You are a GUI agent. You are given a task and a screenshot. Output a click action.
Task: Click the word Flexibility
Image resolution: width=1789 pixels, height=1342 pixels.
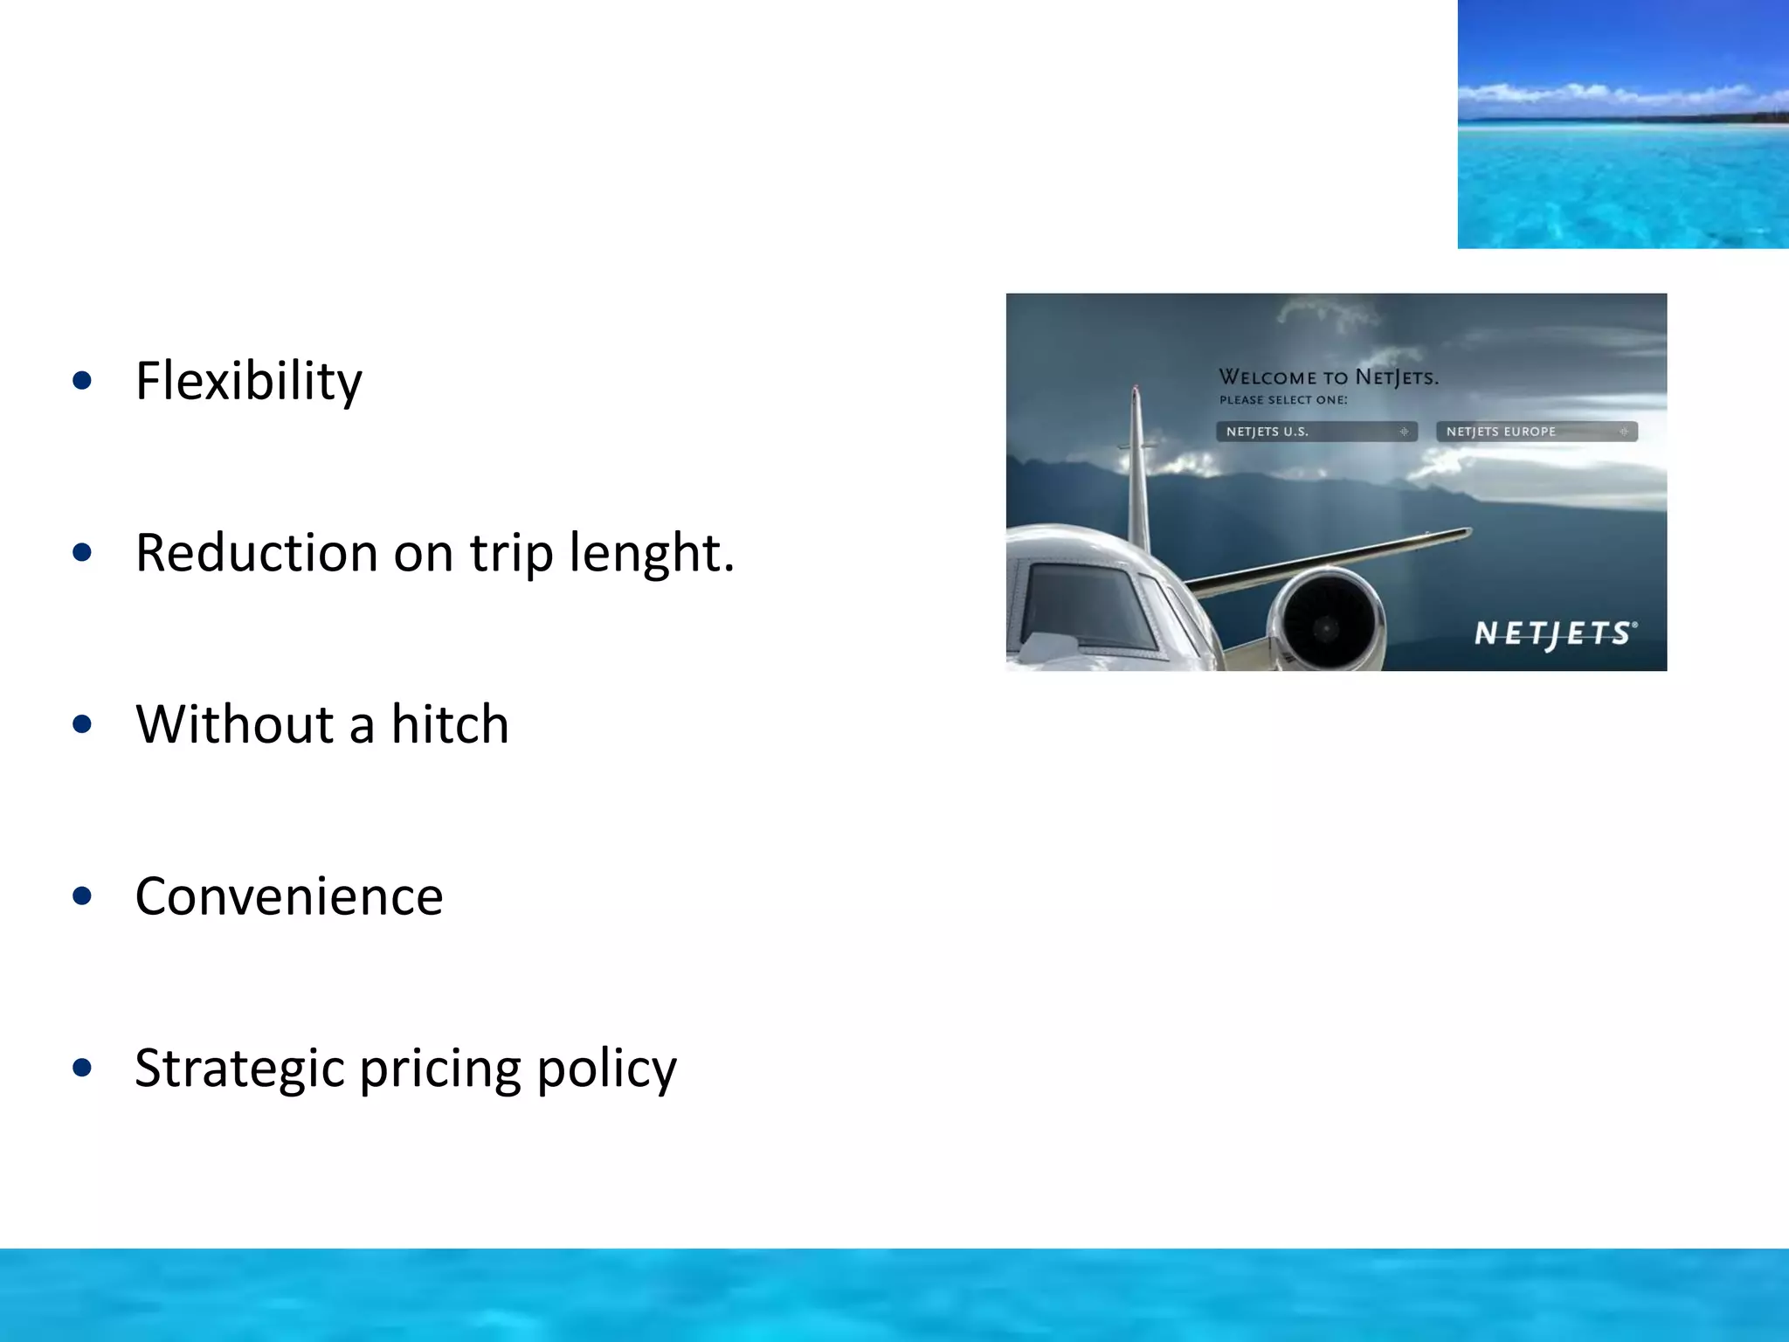pyautogui.click(x=248, y=382)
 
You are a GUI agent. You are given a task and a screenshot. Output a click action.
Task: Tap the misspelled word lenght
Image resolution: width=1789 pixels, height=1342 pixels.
pyautogui.click(x=652, y=553)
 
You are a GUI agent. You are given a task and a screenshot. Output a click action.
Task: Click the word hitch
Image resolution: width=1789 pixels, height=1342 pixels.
pyautogui.click(x=449, y=724)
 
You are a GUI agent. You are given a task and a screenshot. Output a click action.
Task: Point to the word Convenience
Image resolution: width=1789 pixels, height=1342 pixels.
pyautogui.click(x=289, y=896)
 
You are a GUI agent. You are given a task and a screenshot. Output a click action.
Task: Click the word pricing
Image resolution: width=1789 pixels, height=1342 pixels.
pyautogui.click(x=440, y=1069)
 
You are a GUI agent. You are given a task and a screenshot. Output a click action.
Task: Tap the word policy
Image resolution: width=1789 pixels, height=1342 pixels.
pyautogui.click(x=606, y=1069)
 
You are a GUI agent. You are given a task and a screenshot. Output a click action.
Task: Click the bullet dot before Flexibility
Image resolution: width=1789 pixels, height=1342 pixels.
pyautogui.click(x=83, y=380)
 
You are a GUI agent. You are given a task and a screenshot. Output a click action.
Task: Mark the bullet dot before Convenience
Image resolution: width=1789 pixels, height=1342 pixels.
pyautogui.click(x=83, y=896)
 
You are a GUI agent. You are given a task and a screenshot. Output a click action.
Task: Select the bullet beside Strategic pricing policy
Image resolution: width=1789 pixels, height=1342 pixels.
pyautogui.click(x=83, y=1067)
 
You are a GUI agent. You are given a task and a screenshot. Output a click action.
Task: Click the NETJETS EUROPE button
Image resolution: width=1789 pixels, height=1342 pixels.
pyautogui.click(x=1536, y=432)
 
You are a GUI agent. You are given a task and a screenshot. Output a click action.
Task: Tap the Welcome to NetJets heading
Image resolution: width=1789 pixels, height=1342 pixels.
pyautogui.click(x=1328, y=377)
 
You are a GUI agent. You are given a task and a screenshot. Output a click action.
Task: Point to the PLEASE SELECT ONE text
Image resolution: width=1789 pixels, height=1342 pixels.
pyautogui.click(x=1283, y=400)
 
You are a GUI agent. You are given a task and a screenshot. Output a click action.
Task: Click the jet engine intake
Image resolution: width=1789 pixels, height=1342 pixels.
pyautogui.click(x=1327, y=626)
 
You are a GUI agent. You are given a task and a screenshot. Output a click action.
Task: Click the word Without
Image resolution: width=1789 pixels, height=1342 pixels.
pyautogui.click(x=235, y=724)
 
